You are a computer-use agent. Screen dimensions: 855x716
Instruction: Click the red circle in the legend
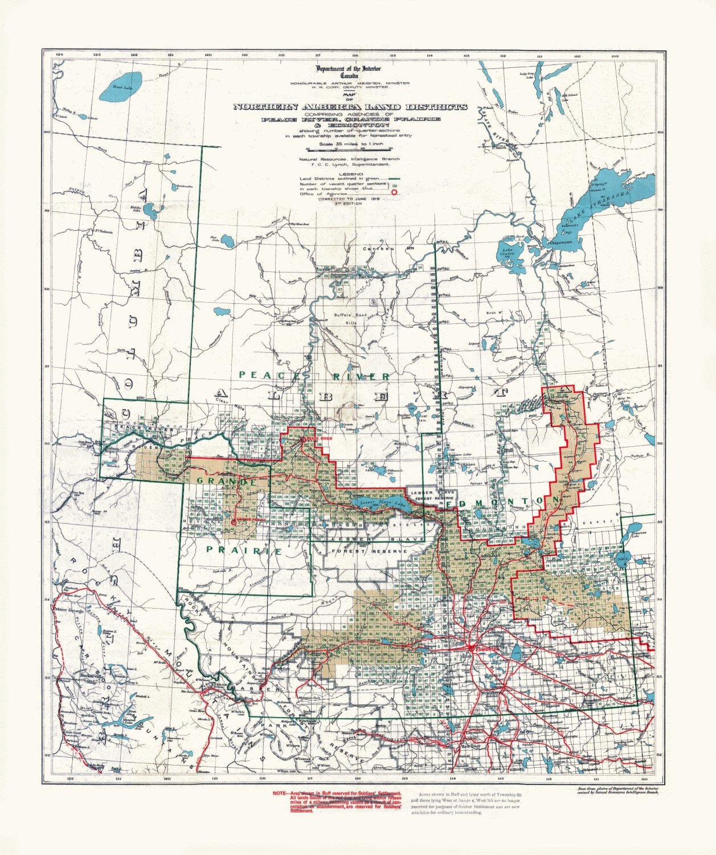394,193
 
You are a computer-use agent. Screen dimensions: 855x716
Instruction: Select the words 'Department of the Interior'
350,69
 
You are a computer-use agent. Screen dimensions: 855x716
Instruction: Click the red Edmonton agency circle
471,649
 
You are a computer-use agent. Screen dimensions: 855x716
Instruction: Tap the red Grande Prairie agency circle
233,522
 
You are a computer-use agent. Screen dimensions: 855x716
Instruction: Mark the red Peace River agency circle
302,439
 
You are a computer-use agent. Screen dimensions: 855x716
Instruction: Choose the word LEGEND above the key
350,173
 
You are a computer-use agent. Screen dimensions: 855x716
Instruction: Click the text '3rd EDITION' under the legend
350,203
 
